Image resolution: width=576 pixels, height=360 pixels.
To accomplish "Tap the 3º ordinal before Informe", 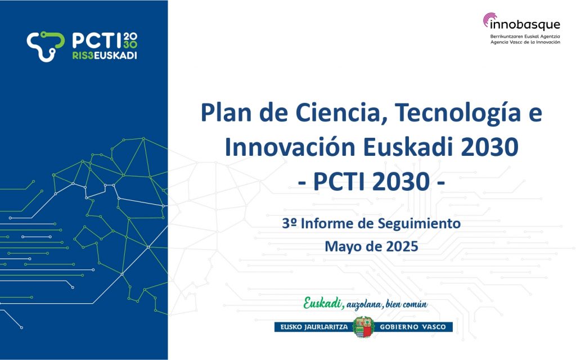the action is [x=289, y=223].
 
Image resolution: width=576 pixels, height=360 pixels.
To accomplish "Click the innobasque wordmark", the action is [x=525, y=25].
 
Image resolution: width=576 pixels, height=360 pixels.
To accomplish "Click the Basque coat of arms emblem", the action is [x=363, y=327].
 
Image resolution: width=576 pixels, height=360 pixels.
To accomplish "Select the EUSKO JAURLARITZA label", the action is [x=314, y=327].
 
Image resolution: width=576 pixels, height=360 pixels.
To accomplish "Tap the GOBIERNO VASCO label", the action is [x=412, y=327].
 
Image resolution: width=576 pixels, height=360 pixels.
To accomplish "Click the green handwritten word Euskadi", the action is [x=323, y=303].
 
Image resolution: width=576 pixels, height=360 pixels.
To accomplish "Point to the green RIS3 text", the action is [x=83, y=56].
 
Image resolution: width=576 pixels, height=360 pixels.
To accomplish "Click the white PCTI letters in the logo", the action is [x=97, y=40].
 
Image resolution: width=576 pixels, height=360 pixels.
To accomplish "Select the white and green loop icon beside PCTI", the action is [x=46, y=46].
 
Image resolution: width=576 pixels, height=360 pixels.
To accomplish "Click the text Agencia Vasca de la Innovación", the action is [x=525, y=42].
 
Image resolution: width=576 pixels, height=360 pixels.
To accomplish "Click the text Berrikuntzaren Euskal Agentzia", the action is [x=525, y=37].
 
